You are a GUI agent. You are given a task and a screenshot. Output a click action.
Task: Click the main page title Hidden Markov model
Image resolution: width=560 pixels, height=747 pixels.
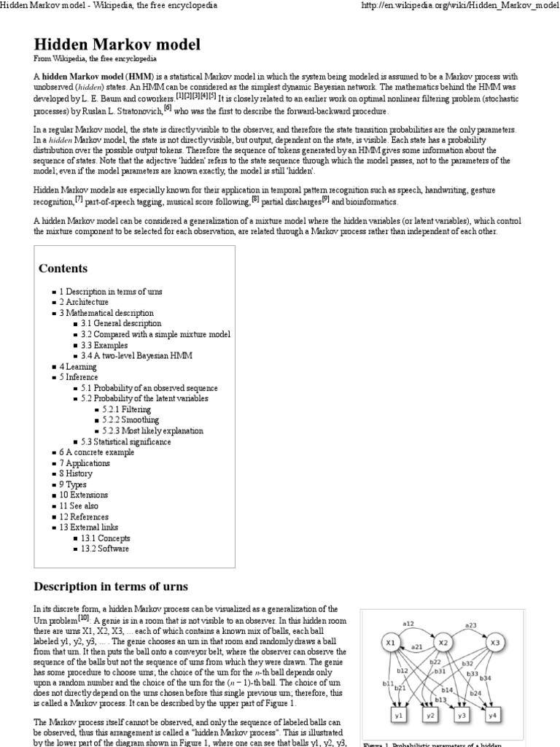(x=117, y=44)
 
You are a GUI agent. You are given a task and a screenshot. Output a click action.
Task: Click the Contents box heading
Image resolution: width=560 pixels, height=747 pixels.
(x=63, y=268)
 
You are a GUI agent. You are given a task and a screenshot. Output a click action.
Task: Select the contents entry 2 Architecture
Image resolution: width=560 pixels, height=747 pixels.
(x=84, y=302)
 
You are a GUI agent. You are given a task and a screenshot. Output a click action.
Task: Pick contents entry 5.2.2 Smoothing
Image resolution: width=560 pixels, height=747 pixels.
(x=131, y=420)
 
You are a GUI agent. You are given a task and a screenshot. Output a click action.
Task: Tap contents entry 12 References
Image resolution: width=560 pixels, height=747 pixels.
(x=85, y=516)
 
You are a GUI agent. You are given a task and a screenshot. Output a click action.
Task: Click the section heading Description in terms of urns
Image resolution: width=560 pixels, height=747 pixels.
(x=111, y=587)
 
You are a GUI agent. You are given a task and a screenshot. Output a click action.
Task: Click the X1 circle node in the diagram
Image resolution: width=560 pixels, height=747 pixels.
(x=391, y=643)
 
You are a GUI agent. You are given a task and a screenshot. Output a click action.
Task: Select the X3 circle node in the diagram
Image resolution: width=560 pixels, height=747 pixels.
(x=494, y=643)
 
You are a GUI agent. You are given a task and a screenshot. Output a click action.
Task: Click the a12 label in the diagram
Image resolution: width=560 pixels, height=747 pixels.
(x=408, y=624)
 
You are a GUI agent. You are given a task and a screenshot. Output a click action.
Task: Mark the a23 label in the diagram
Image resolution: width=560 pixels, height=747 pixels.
(x=470, y=625)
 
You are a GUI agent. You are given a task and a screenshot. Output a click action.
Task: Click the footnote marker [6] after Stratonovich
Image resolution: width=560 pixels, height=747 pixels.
(x=168, y=108)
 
